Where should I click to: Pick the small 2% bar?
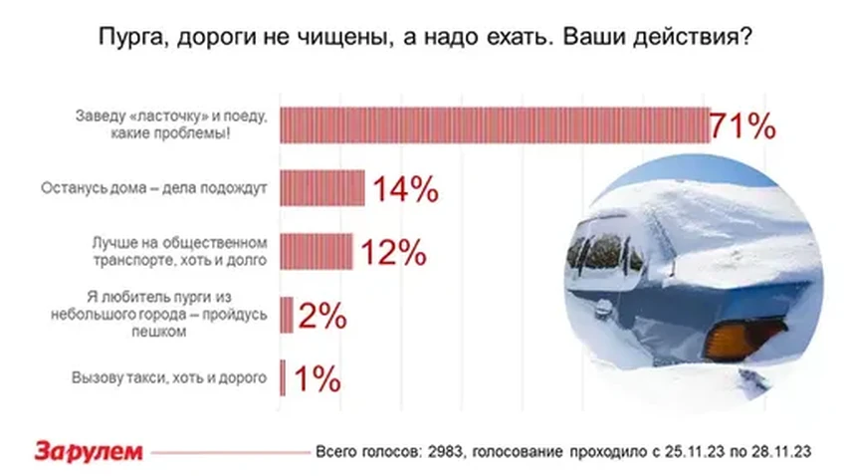tap(287, 316)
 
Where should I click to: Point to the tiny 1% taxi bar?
tap(284, 378)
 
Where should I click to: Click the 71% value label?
tap(742, 126)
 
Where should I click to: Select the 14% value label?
tap(404, 189)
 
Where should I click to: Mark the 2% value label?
tap(321, 317)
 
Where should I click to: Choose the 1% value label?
tap(317, 379)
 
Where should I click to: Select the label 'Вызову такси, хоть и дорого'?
tap(169, 378)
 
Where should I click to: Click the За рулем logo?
tap(90, 451)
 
